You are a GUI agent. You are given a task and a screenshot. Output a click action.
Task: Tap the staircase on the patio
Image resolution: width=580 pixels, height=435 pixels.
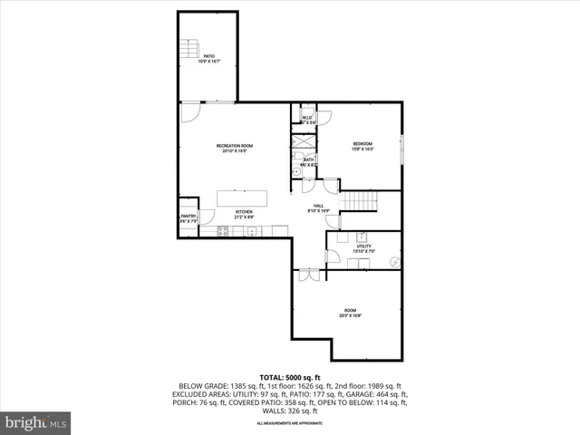click(x=188, y=50)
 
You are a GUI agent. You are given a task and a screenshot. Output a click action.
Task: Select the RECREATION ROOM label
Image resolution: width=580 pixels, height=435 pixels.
click(x=234, y=148)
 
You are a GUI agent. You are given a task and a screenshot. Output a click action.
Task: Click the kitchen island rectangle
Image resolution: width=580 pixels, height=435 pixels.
click(x=243, y=198)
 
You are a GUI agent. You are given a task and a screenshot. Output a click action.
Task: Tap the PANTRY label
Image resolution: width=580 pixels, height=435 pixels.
click(x=188, y=217)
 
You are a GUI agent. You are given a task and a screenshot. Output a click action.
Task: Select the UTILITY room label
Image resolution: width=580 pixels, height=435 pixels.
click(x=362, y=247)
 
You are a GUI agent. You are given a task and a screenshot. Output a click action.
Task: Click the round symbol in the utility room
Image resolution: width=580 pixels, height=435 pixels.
click(x=393, y=261)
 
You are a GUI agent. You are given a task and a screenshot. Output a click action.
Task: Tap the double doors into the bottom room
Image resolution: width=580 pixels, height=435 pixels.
click(x=308, y=274)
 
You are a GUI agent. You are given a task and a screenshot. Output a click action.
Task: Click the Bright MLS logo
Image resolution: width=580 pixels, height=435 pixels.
click(x=36, y=422)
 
